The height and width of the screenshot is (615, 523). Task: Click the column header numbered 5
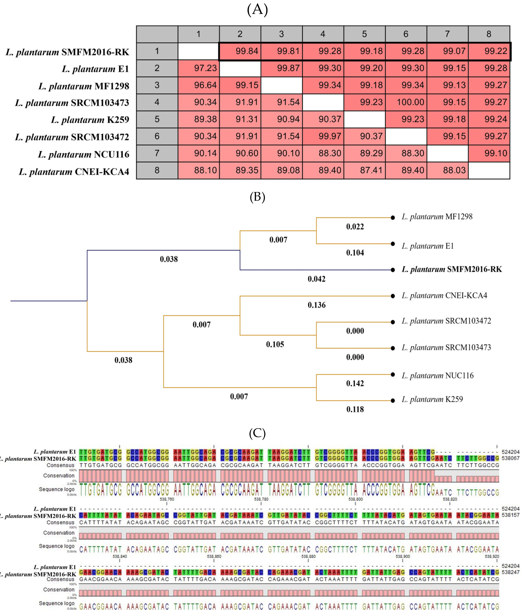point(364,34)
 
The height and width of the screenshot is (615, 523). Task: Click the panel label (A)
point(257,10)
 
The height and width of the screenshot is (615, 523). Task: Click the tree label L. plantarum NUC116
point(438,376)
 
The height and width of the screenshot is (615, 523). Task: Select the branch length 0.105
point(275,344)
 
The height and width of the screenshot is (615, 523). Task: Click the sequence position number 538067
point(511,458)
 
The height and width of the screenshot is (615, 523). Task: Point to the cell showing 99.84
point(247,51)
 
